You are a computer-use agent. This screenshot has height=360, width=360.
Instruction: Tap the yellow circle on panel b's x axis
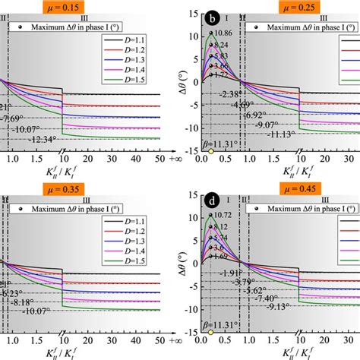point(210,152)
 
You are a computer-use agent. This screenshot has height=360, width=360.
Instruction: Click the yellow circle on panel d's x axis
point(210,332)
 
